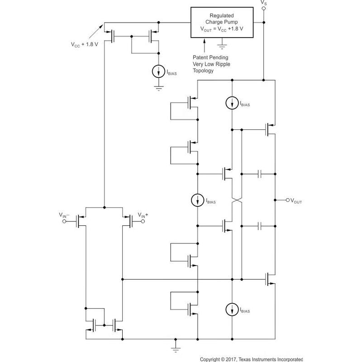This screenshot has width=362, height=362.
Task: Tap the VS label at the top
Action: coord(264,4)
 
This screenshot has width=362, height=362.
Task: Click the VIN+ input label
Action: coord(143,215)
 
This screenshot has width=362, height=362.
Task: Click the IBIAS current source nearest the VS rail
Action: coord(232,104)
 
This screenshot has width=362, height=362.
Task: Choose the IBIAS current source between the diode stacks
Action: coord(198,200)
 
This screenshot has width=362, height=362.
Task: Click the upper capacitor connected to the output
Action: coord(259,173)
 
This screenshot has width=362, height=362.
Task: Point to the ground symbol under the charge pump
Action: coord(221,46)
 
